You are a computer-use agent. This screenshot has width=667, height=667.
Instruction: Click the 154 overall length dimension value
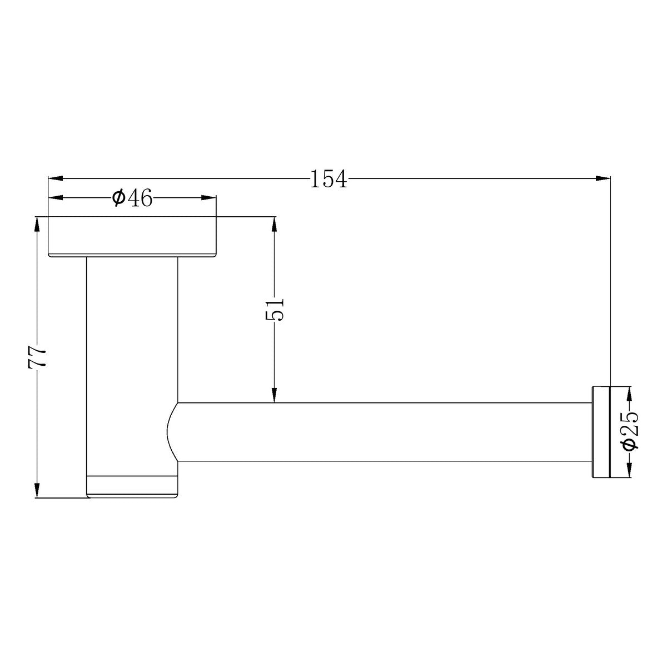(x=328, y=179)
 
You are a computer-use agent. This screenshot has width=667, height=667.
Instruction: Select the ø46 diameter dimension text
(x=133, y=198)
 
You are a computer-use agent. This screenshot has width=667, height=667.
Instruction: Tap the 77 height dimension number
(x=37, y=357)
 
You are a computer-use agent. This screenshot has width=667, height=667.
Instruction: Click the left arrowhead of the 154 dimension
(x=56, y=178)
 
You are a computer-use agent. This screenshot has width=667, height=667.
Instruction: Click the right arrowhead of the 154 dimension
(x=603, y=178)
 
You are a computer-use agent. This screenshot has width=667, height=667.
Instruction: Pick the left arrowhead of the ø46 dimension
(x=56, y=198)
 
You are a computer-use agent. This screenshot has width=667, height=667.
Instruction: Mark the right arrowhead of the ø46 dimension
(x=209, y=198)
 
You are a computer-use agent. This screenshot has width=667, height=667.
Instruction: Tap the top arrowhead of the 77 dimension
(x=37, y=225)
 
